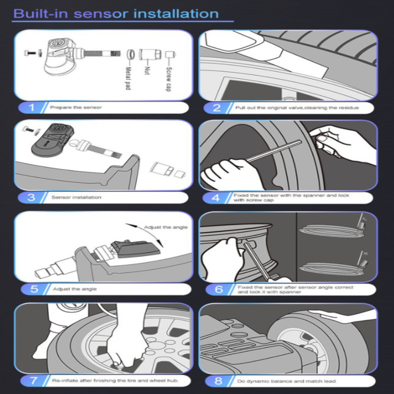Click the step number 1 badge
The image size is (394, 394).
tap(31, 108)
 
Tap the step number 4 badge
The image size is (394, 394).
tap(216, 198)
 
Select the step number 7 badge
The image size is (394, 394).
tap(33, 381)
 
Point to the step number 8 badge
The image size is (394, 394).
tap(218, 381)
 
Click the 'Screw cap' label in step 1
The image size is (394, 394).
tap(169, 79)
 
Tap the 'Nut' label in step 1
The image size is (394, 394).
tap(148, 71)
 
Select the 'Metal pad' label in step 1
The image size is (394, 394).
tap(128, 78)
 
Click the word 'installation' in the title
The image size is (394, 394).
tap(176, 14)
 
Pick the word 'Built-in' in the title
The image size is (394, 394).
tap(40, 14)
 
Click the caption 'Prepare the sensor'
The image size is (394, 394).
tap(76, 108)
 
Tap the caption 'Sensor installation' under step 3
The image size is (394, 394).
tap(77, 198)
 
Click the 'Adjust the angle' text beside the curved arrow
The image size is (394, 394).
tap(166, 228)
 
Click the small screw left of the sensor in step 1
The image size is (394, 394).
tap(30, 53)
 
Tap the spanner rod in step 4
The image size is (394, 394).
tap(274, 151)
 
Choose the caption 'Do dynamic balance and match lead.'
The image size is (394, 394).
tap(287, 381)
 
